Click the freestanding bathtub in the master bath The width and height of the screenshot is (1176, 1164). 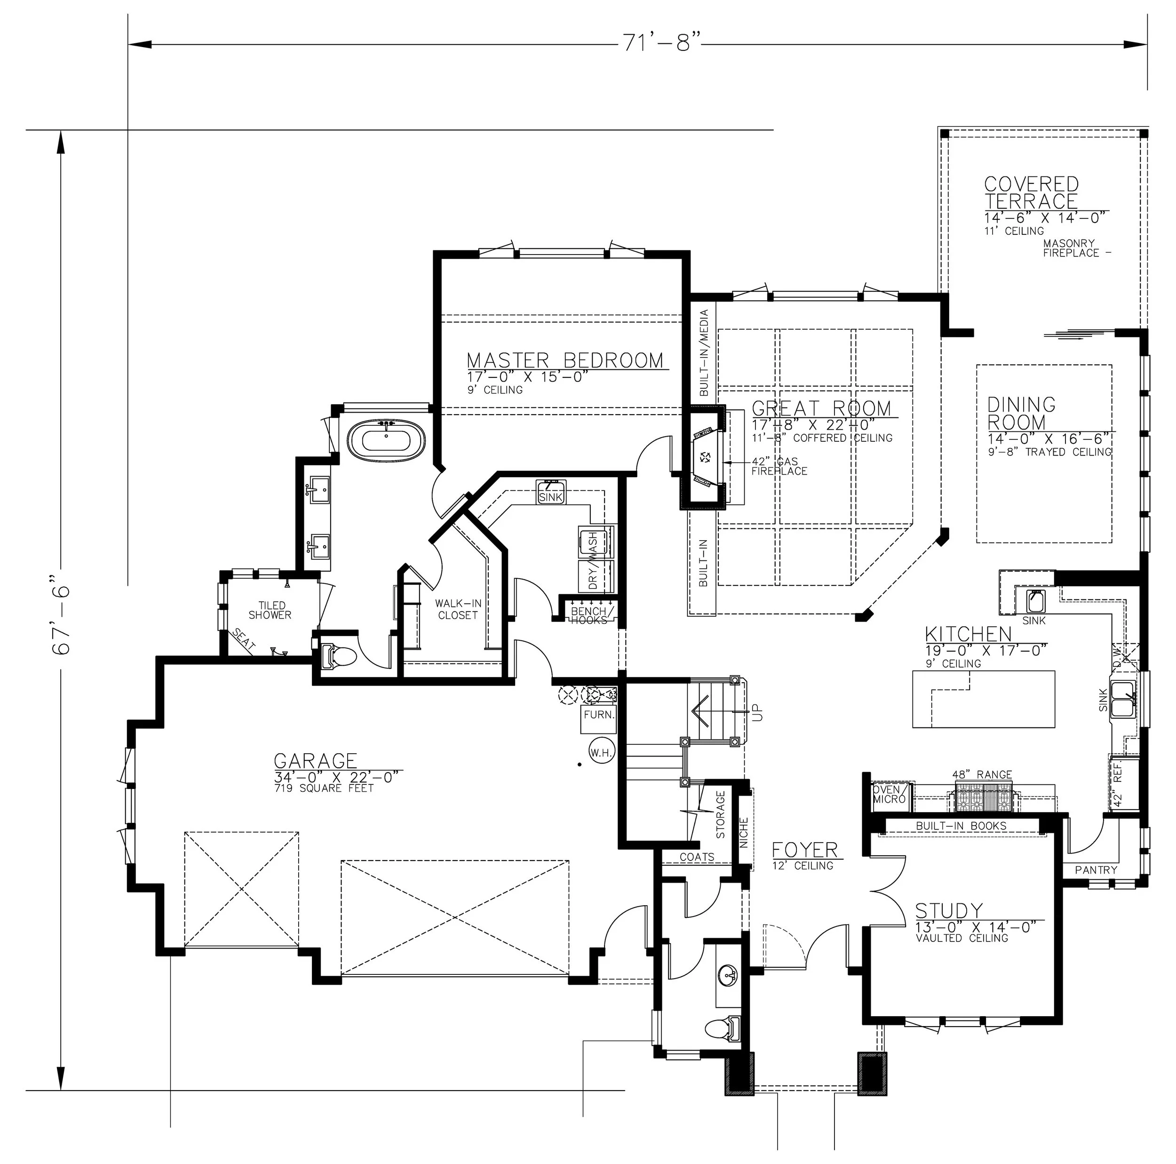tap(387, 437)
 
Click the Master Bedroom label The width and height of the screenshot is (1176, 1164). tap(565, 360)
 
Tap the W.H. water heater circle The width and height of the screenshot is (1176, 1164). tap(601, 752)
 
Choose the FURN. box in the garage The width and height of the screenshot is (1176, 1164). tap(599, 715)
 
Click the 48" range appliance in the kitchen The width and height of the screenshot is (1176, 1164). tap(983, 796)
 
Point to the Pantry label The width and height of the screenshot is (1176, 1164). tap(1096, 870)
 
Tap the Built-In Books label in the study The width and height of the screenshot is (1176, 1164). tap(961, 826)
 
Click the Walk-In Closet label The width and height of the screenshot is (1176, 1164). tap(458, 609)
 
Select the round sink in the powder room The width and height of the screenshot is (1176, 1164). tap(728, 973)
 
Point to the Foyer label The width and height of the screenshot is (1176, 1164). tap(805, 849)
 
